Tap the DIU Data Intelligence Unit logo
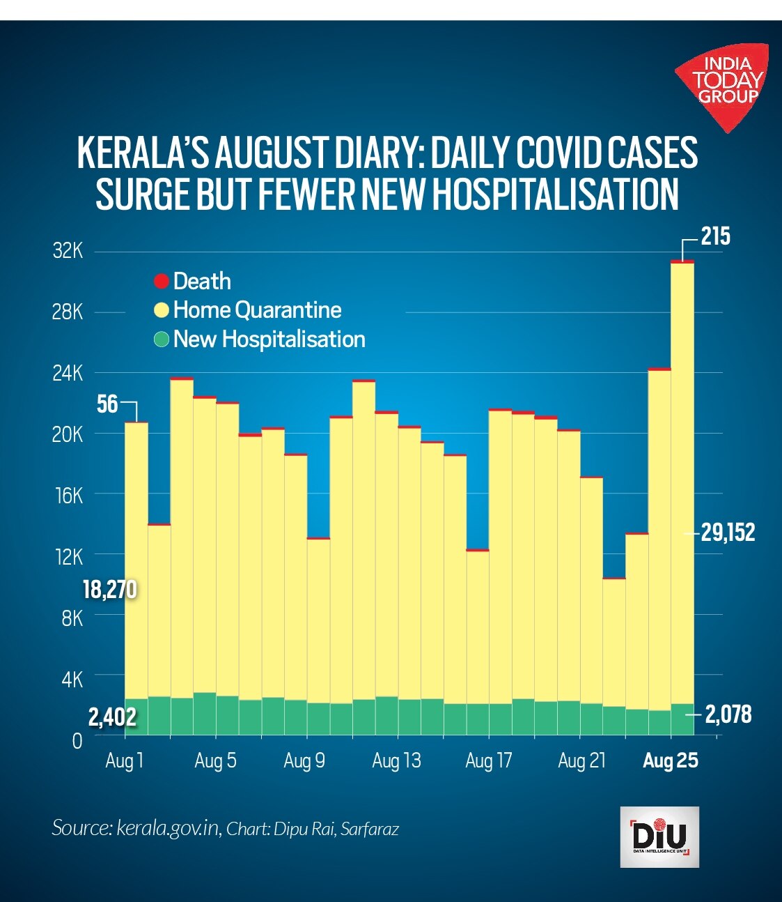click(659, 836)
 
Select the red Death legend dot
click(162, 282)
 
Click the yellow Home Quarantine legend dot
click(162, 310)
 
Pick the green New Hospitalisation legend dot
click(162, 339)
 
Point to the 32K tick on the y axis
click(68, 251)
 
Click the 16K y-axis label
click(68, 496)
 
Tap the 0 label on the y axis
click(77, 740)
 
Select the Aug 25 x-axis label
click(670, 760)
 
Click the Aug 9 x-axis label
click(304, 760)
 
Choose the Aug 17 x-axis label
click(488, 760)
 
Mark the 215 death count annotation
click(715, 237)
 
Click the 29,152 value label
click(728, 533)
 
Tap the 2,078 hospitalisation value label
click(728, 714)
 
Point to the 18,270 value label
click(109, 590)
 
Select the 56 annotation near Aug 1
click(107, 404)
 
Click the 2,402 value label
click(112, 717)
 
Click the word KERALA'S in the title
click(142, 153)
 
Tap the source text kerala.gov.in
click(167, 828)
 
